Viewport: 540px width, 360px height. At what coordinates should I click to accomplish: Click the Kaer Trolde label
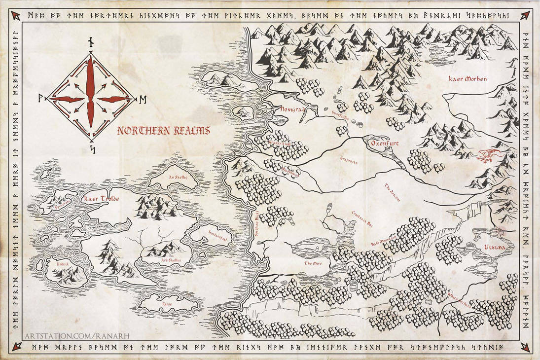click(x=102, y=199)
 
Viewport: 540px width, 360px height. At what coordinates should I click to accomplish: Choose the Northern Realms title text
click(x=163, y=131)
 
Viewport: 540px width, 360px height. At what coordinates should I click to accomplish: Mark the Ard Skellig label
click(x=171, y=260)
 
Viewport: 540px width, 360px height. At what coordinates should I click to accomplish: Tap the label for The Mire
click(x=313, y=264)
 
